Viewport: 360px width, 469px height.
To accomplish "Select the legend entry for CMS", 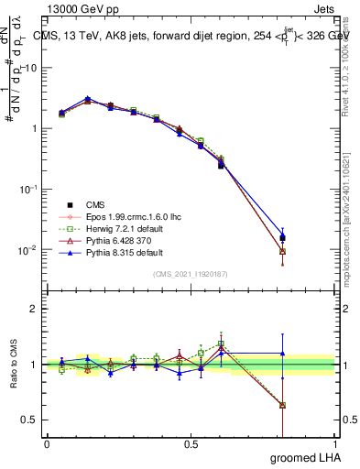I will (95, 204).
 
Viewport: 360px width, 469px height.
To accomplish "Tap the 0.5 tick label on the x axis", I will (191, 444).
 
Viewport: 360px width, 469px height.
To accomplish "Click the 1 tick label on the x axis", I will (335, 444).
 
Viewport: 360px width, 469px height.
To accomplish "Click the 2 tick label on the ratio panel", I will (33, 309).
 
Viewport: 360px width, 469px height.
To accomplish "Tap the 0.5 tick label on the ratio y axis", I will (29, 420).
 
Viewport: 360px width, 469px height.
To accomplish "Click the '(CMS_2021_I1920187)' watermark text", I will (191, 274).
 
